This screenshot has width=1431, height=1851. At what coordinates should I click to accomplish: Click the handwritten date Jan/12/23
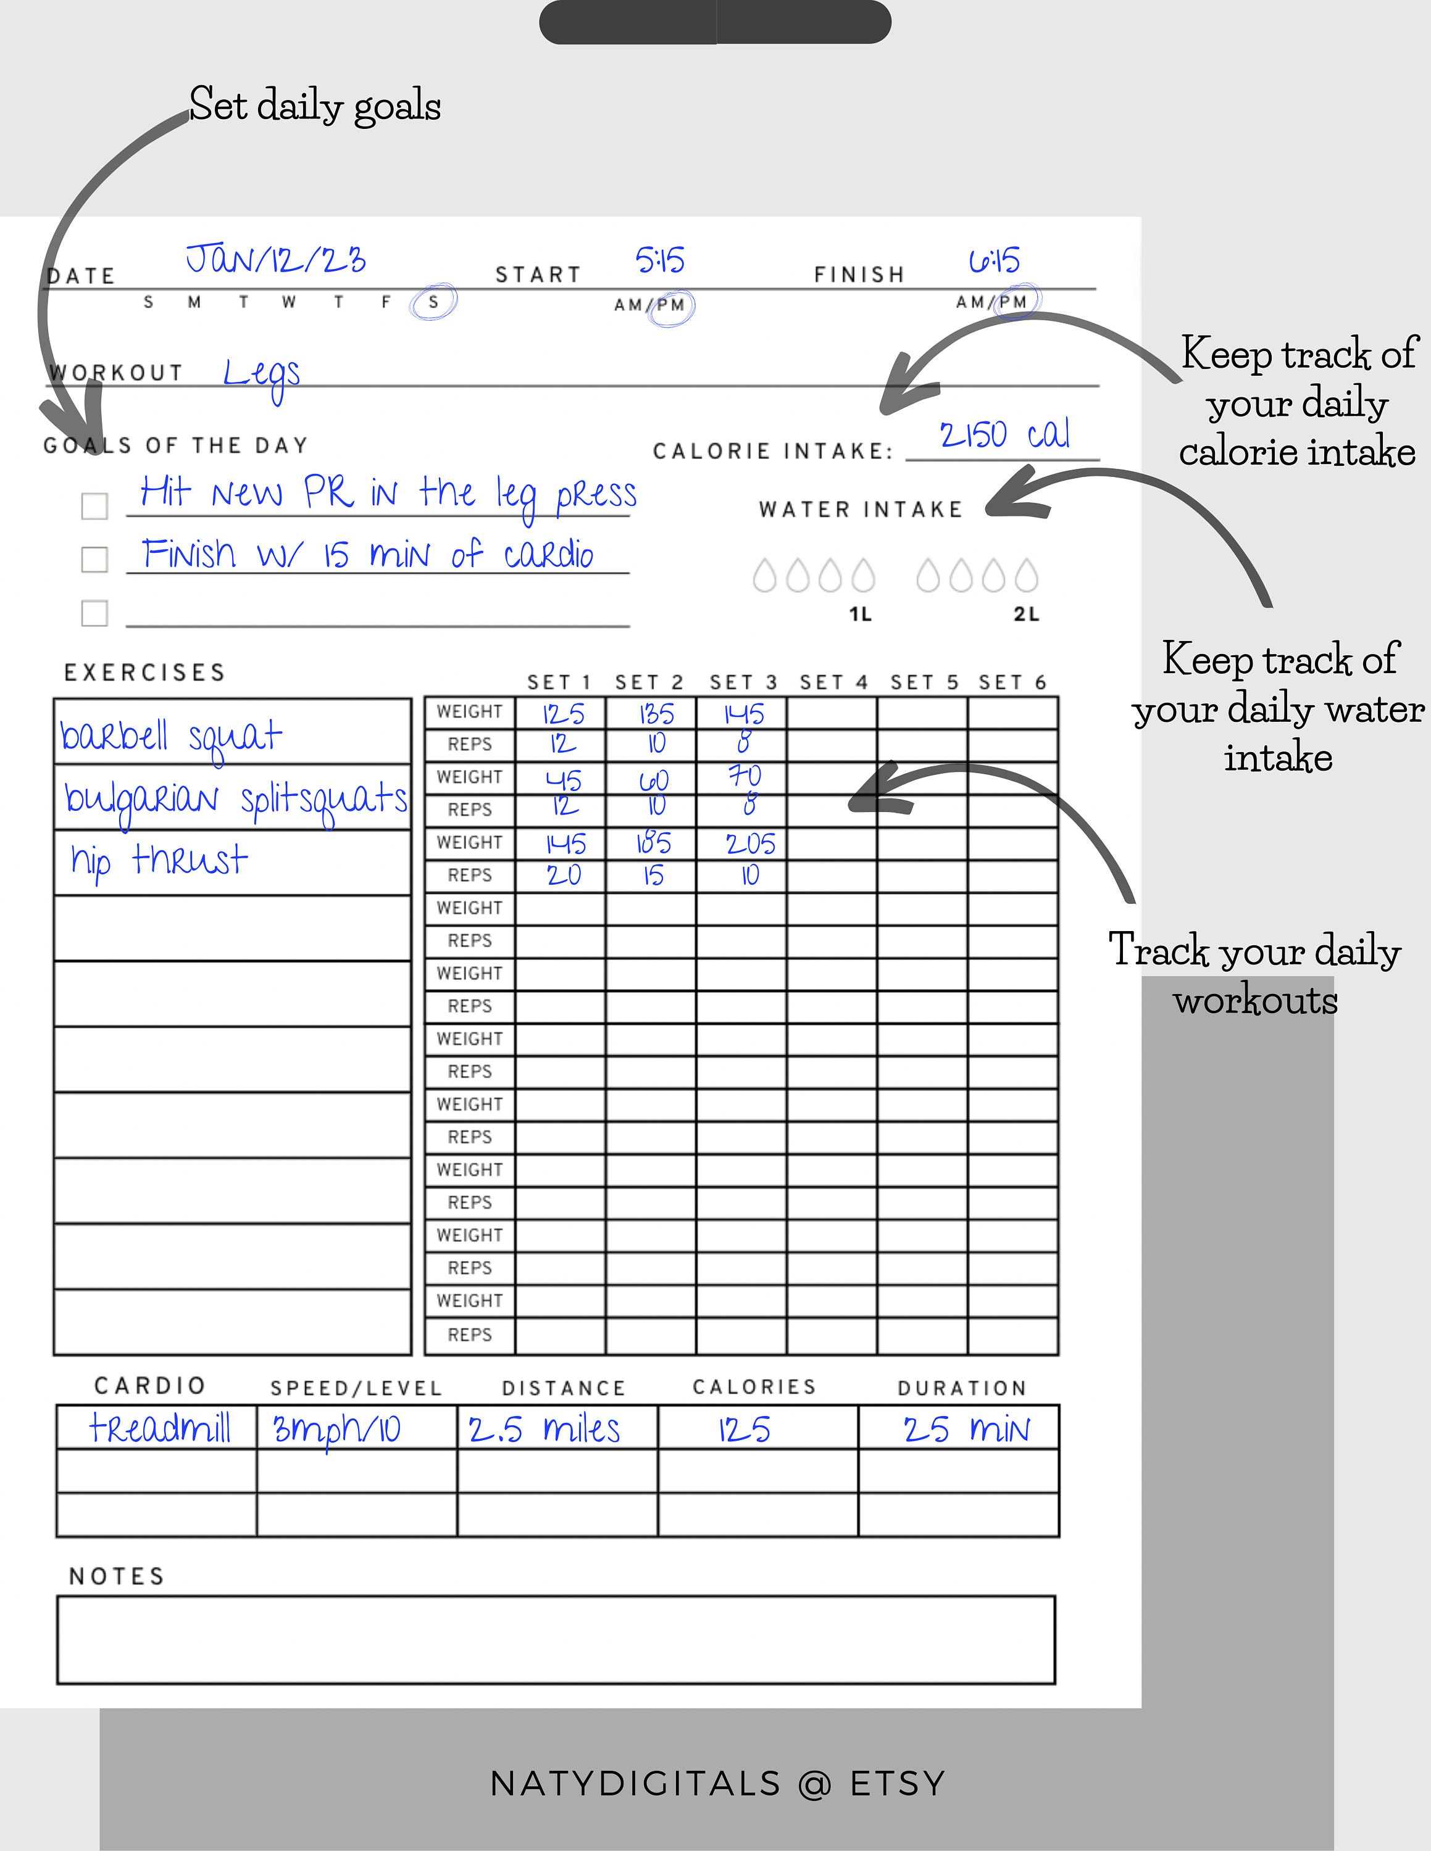click(275, 259)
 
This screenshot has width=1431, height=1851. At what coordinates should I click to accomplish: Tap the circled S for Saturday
click(433, 302)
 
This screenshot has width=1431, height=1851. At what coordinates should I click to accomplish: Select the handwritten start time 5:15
click(659, 260)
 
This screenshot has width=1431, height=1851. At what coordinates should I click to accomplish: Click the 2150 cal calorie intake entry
click(1004, 436)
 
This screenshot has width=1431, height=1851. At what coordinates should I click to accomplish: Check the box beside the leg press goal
click(94, 506)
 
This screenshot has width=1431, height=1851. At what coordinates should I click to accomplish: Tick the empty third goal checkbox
click(94, 613)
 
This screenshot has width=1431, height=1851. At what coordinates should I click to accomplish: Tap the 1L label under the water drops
click(861, 615)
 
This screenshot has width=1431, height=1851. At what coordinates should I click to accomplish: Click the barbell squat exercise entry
click(170, 735)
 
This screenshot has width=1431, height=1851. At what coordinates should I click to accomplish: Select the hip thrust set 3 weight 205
click(750, 844)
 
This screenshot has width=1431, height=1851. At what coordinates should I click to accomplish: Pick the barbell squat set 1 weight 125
click(564, 714)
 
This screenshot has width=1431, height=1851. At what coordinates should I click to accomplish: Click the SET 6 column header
click(1012, 682)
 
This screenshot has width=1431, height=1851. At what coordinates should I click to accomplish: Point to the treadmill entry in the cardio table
click(159, 1428)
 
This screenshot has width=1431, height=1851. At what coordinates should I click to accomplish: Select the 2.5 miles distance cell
click(544, 1430)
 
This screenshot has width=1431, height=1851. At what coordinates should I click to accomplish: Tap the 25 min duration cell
click(966, 1430)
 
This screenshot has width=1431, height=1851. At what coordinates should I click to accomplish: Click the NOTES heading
click(117, 1576)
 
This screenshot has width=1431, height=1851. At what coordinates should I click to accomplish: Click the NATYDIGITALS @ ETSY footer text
click(717, 1784)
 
